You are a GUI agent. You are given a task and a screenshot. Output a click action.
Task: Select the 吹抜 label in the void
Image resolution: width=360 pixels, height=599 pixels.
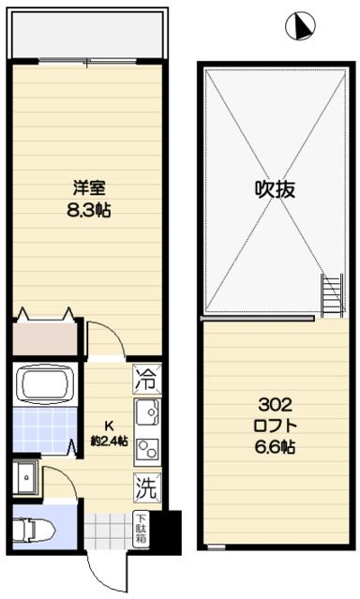pos(276,188)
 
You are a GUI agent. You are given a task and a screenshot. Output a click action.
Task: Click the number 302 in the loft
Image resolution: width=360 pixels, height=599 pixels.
pos(276,405)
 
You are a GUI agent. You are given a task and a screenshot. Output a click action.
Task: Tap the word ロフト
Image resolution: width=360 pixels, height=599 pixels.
pos(276,427)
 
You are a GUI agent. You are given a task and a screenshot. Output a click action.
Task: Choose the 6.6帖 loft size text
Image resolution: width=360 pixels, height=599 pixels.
pos(276,448)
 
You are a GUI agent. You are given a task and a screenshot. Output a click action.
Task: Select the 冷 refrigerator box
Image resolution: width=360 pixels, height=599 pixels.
pos(144,381)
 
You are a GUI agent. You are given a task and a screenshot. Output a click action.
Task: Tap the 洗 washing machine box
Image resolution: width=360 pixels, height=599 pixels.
pos(144,487)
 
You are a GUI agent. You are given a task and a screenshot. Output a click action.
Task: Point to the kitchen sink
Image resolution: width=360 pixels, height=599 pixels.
pos(146,412)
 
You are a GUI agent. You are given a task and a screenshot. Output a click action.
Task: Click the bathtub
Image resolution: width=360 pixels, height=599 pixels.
pos(43,384)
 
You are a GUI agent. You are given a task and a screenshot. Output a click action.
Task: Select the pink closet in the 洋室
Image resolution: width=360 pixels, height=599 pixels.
pos(43,337)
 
